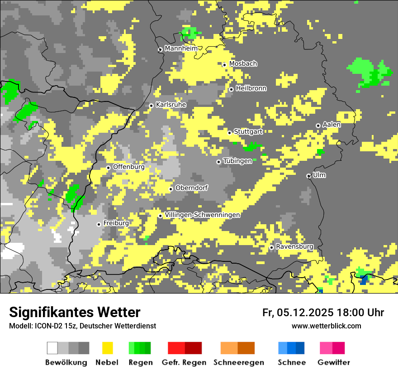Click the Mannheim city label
point(181,48)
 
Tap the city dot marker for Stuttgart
point(230,133)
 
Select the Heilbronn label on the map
point(251,88)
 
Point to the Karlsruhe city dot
point(152,106)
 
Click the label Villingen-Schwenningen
point(202,215)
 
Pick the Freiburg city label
point(116,223)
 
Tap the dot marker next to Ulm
point(309,176)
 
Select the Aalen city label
point(332,125)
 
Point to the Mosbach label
point(243,64)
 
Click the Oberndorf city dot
point(171,189)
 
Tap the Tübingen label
point(237,161)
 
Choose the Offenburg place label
point(129,167)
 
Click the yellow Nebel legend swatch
point(107,348)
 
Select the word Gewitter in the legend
point(334,362)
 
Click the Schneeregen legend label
point(239,362)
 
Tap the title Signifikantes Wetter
point(75,312)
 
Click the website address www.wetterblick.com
point(326,326)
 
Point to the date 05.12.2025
point(305,313)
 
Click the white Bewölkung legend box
point(52,348)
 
